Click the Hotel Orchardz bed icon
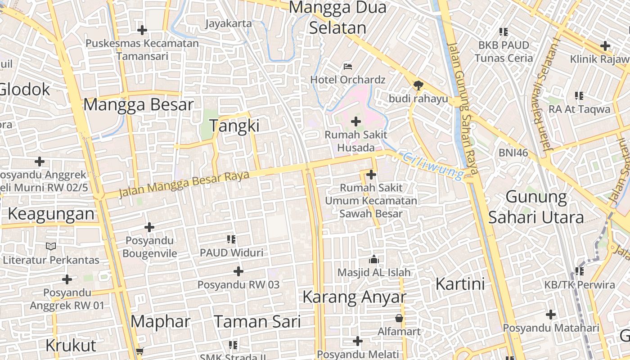348,67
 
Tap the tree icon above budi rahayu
418,85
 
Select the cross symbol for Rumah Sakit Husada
356,121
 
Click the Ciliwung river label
433,165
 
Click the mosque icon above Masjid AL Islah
373,259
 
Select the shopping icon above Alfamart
399,319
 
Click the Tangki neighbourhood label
234,126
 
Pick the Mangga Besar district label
139,105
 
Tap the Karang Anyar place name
354,297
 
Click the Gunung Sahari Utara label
536,207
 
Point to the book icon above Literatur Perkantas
51,246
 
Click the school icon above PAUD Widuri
232,239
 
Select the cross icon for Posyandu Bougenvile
149,227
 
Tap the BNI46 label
513,153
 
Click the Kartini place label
460,284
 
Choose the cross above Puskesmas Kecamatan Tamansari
142,30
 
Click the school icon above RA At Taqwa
579,95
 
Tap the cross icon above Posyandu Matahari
551,315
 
